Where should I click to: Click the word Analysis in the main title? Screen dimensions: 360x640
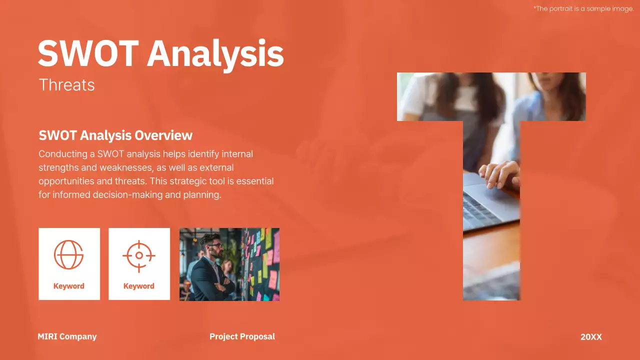point(215,53)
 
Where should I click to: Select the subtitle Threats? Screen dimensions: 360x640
point(66,85)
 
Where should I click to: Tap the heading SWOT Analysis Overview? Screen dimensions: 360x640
point(115,135)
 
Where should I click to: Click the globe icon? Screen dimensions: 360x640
point(69,254)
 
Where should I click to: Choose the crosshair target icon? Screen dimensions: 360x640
point(139,255)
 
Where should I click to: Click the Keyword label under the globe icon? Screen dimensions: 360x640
point(69,286)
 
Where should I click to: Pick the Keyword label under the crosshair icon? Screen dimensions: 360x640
point(139,286)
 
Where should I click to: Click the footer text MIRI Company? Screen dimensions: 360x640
point(67,336)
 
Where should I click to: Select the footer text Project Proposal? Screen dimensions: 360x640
point(242,336)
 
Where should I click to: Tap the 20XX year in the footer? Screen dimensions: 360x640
point(591,337)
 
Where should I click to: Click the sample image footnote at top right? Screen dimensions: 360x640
point(583,8)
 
